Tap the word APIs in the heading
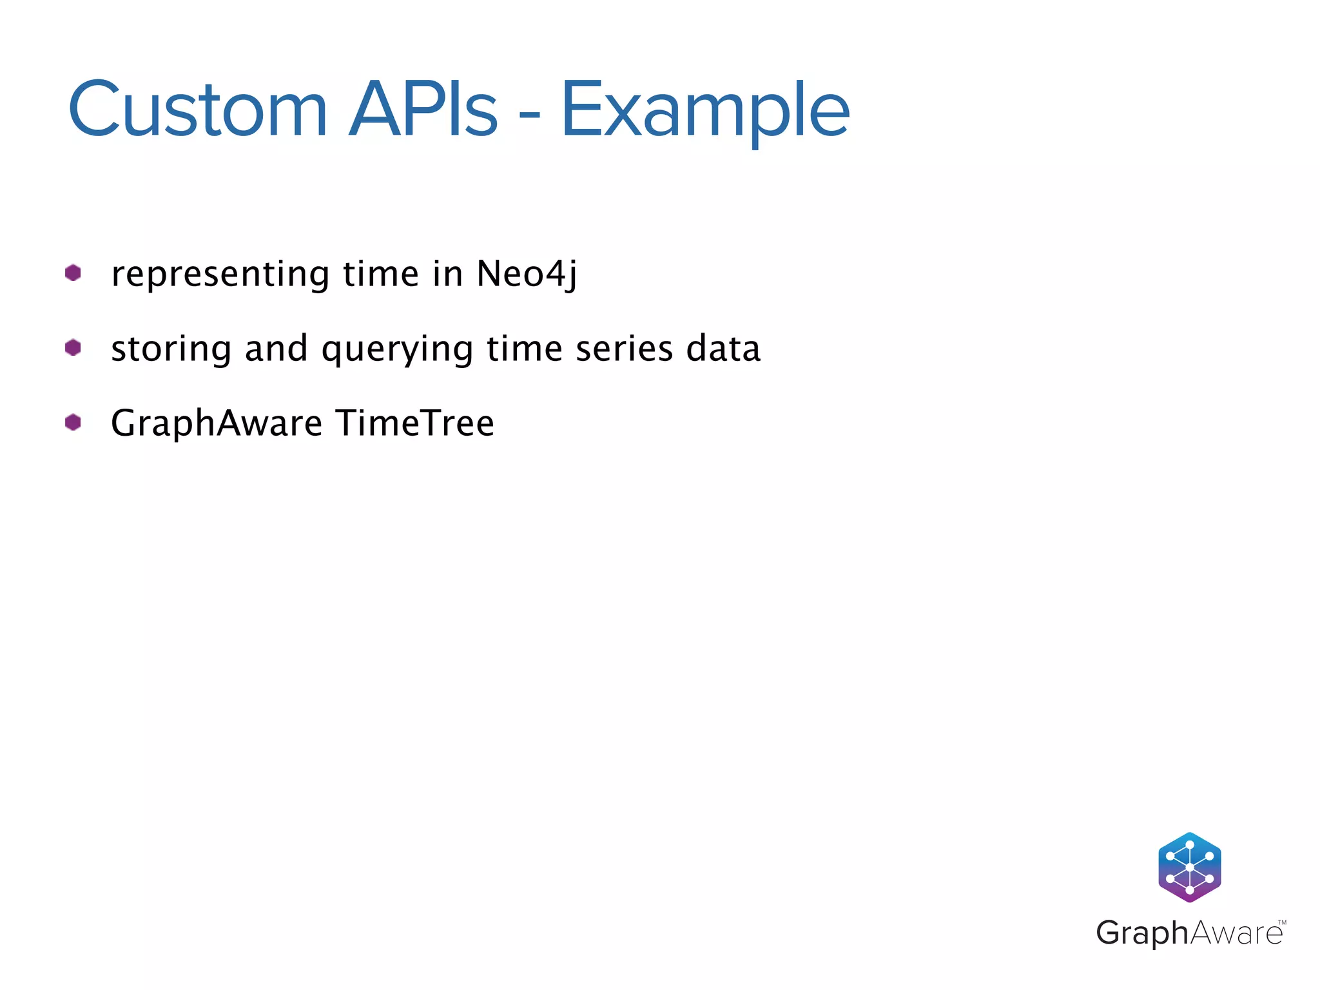[423, 110]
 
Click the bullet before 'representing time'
[73, 273]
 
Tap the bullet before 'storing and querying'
[73, 347]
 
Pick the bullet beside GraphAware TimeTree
[73, 422]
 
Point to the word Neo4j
[527, 275]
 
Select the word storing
[171, 349]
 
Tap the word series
[624, 349]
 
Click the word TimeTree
[416, 423]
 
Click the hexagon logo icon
[1189, 867]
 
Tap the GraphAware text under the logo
[1189, 933]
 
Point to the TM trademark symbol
[1282, 923]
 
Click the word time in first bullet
[380, 274]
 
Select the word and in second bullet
[276, 349]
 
